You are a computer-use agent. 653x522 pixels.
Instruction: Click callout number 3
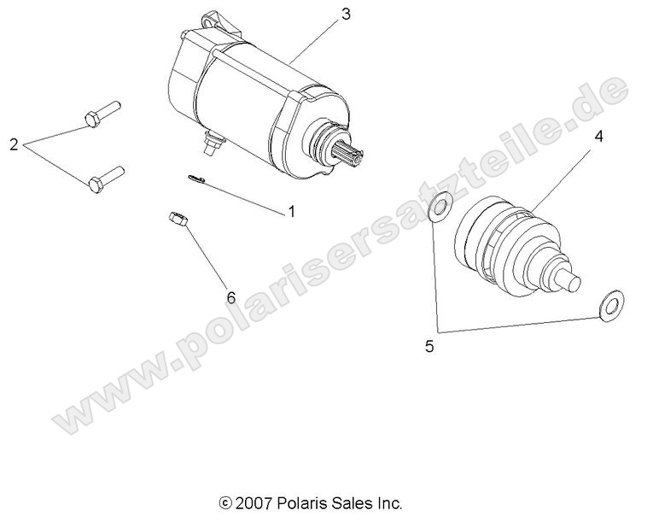point(345,14)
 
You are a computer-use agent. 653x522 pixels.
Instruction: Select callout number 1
point(290,211)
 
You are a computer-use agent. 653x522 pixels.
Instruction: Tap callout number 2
point(13,144)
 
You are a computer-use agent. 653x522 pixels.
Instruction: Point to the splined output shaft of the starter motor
point(354,155)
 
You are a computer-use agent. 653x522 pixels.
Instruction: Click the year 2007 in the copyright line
point(251,502)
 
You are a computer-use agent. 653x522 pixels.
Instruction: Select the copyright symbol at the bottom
point(225,502)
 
